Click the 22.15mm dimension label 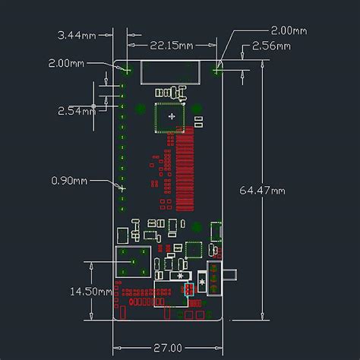[169, 46]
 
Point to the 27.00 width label [168, 348]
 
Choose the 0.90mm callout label [69, 181]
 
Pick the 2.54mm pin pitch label [77, 110]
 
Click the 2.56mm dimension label [273, 46]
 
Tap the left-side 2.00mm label [66, 63]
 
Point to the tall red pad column [185, 171]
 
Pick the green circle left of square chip [139, 108]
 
